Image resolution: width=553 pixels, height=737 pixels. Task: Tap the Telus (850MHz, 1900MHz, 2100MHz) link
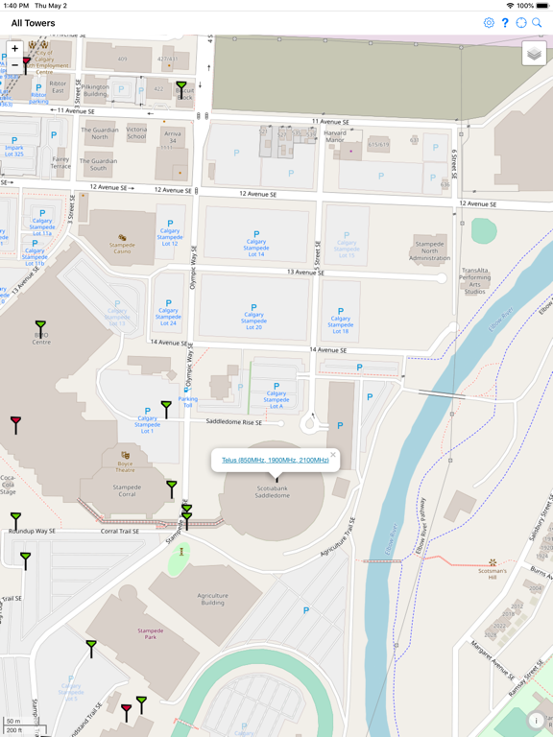point(276,461)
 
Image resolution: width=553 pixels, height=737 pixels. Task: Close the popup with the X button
point(333,455)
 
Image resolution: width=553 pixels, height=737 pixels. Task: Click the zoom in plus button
point(14,48)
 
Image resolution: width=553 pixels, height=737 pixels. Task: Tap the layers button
point(534,55)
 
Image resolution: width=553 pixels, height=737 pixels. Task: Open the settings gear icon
point(489,23)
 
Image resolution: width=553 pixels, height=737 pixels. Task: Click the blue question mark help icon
point(505,23)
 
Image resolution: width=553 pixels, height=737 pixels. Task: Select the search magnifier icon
point(538,23)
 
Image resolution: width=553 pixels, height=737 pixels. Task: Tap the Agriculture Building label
point(212,600)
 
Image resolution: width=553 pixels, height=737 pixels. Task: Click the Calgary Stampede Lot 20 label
point(253,321)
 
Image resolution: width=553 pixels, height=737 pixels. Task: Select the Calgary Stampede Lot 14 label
point(255,248)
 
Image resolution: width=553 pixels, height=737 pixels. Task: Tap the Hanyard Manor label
point(335,137)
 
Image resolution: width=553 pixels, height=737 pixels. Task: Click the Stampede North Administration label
point(429,251)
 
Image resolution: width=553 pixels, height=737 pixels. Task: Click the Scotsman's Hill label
point(493,574)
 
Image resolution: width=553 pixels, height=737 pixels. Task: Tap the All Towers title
point(34,23)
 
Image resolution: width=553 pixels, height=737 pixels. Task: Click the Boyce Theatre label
point(126,467)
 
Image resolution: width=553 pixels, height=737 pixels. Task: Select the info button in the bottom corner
point(536,721)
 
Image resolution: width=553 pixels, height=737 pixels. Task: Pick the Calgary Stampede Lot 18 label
point(340,324)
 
